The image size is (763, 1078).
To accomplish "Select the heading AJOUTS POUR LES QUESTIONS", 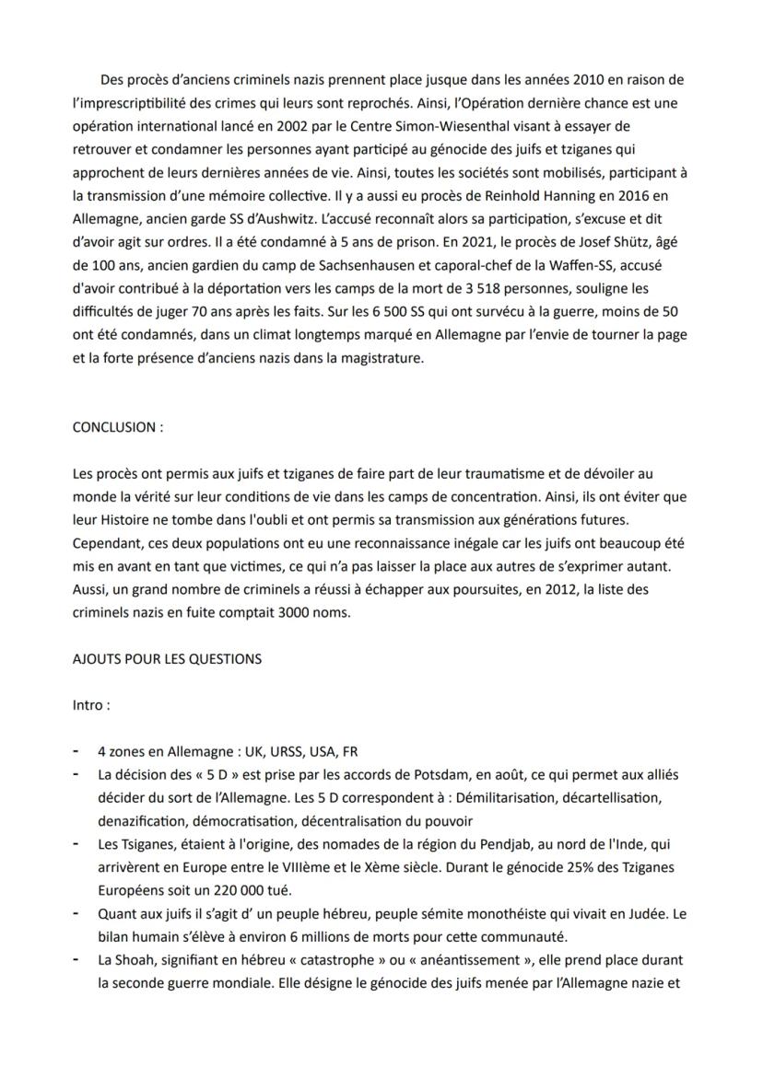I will [167, 658].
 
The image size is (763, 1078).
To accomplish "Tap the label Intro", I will [91, 705].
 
